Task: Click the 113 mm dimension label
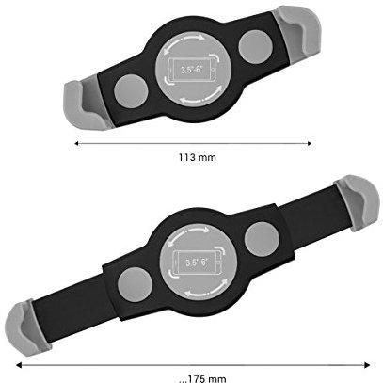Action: (x=198, y=157)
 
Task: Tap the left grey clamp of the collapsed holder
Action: (x=84, y=104)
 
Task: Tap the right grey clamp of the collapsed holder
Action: (x=297, y=31)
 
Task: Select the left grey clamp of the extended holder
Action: (x=27, y=327)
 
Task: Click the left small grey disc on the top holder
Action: (x=131, y=91)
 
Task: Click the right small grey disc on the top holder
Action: (x=255, y=47)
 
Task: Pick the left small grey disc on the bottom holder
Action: (x=136, y=284)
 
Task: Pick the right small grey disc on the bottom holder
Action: (x=262, y=239)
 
